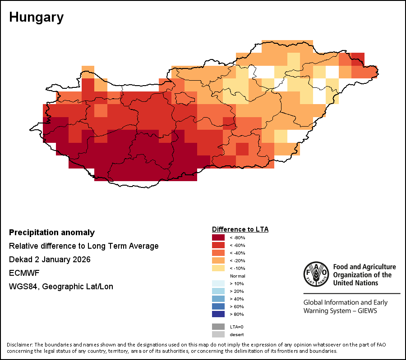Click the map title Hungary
pyautogui.click(x=36, y=18)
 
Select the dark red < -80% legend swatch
pyautogui.click(x=218, y=237)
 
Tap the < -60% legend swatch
pyautogui.click(x=218, y=245)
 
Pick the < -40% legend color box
pyautogui.click(x=218, y=253)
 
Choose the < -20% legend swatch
pyautogui.click(x=218, y=260)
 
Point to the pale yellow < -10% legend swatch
pyautogui.click(x=218, y=268)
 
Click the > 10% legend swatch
pyautogui.click(x=218, y=283)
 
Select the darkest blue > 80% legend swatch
pyautogui.click(x=218, y=314)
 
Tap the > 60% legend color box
pyautogui.click(x=218, y=306)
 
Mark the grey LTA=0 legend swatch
pyautogui.click(x=218, y=327)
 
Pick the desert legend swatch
pyautogui.click(x=218, y=334)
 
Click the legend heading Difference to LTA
pyautogui.click(x=240, y=229)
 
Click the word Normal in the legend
pyautogui.click(x=237, y=276)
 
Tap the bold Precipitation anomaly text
pyautogui.click(x=52, y=232)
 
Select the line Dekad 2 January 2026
pyautogui.click(x=50, y=260)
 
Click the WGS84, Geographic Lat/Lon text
pyautogui.click(x=61, y=287)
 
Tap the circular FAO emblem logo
pyautogui.click(x=316, y=273)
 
